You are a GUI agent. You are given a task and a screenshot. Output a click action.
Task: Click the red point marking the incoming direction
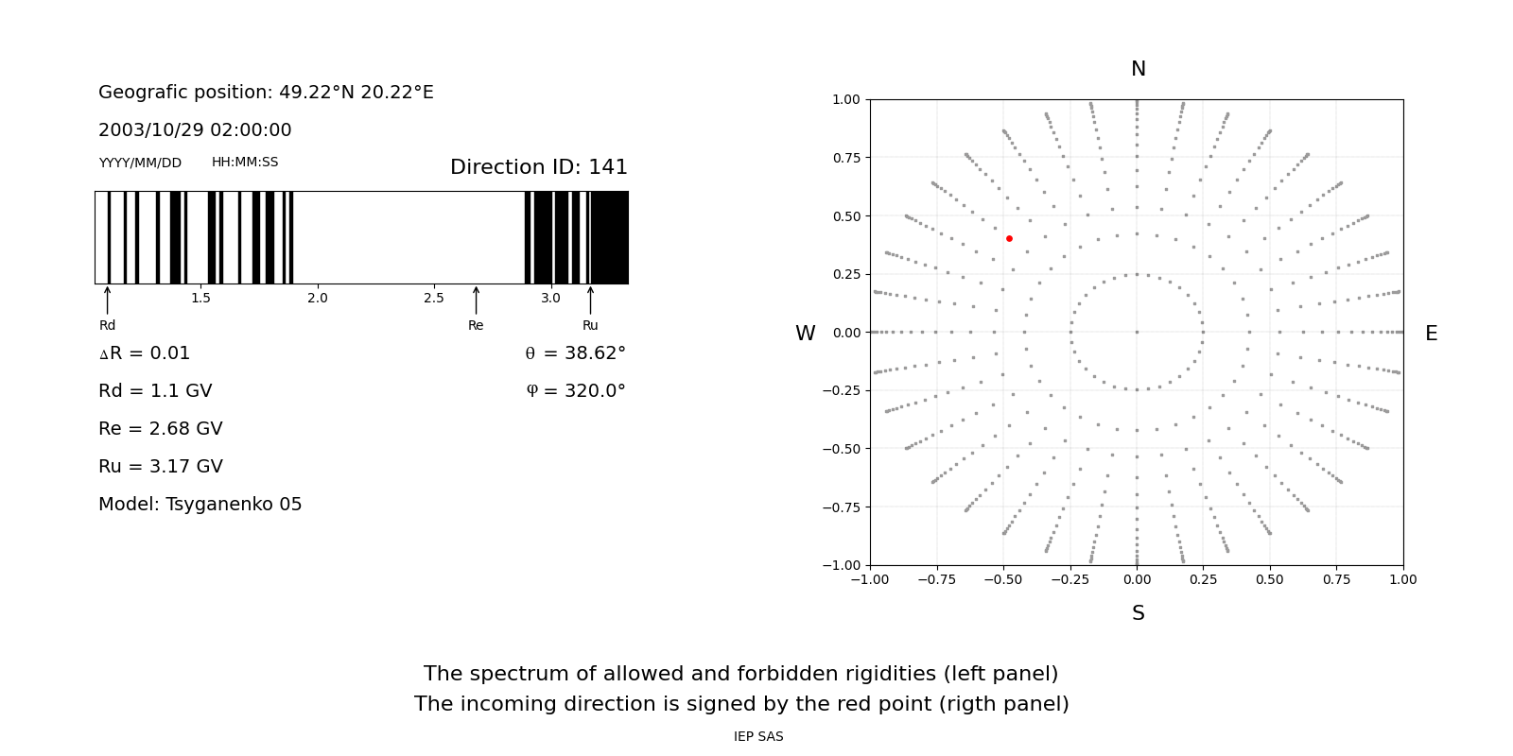(1009, 239)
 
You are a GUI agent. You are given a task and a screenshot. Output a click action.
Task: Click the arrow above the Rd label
(108, 300)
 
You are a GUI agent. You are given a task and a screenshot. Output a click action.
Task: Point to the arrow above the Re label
(476, 300)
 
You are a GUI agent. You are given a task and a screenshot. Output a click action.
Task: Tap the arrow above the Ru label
(590, 300)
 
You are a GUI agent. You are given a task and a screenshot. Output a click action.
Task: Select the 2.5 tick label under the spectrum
(434, 299)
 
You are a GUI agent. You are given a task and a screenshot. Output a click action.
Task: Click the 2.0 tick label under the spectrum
(318, 299)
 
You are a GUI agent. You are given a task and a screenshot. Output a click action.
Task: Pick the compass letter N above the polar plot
(1138, 69)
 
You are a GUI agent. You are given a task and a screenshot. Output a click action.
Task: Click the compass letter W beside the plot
(805, 334)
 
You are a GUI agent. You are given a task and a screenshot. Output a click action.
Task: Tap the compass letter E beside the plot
(1431, 334)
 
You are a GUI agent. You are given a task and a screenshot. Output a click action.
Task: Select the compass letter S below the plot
(1138, 613)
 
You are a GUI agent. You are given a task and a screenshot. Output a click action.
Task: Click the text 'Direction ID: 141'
(538, 167)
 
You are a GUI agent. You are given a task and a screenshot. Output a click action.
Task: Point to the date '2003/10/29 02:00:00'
(195, 130)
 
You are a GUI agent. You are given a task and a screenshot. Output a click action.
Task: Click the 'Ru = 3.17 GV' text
(161, 467)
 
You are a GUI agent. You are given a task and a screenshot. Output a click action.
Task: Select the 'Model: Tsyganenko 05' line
(200, 505)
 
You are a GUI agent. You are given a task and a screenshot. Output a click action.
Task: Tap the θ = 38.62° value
(575, 353)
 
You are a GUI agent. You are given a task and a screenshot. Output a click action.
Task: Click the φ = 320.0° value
(575, 391)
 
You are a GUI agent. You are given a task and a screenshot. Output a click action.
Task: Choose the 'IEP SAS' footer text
(758, 737)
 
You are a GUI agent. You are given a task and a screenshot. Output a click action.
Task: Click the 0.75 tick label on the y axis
(845, 158)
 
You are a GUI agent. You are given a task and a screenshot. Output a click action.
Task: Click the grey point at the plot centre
(1137, 332)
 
